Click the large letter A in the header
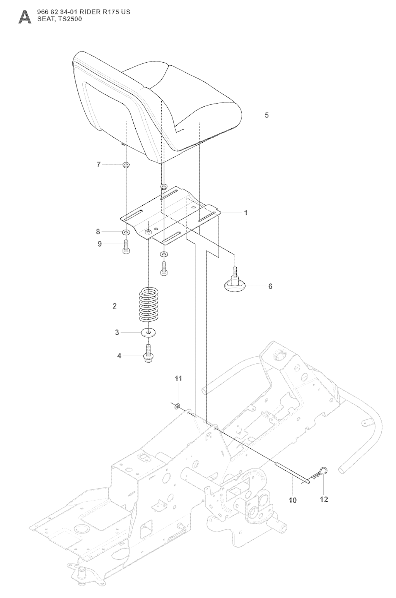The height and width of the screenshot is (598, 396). coord(24,17)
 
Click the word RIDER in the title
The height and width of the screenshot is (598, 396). coord(90,12)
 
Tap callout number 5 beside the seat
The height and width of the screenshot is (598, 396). coord(266,115)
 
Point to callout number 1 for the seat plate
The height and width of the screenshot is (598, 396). coord(246,213)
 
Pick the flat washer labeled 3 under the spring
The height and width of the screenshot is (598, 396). coord(148,332)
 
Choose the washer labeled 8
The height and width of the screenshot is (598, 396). coord(126,233)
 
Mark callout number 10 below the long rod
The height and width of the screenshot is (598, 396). coord(293,500)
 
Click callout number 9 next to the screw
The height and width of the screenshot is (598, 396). coord(100,244)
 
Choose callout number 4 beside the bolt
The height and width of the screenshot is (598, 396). coord(119,356)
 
